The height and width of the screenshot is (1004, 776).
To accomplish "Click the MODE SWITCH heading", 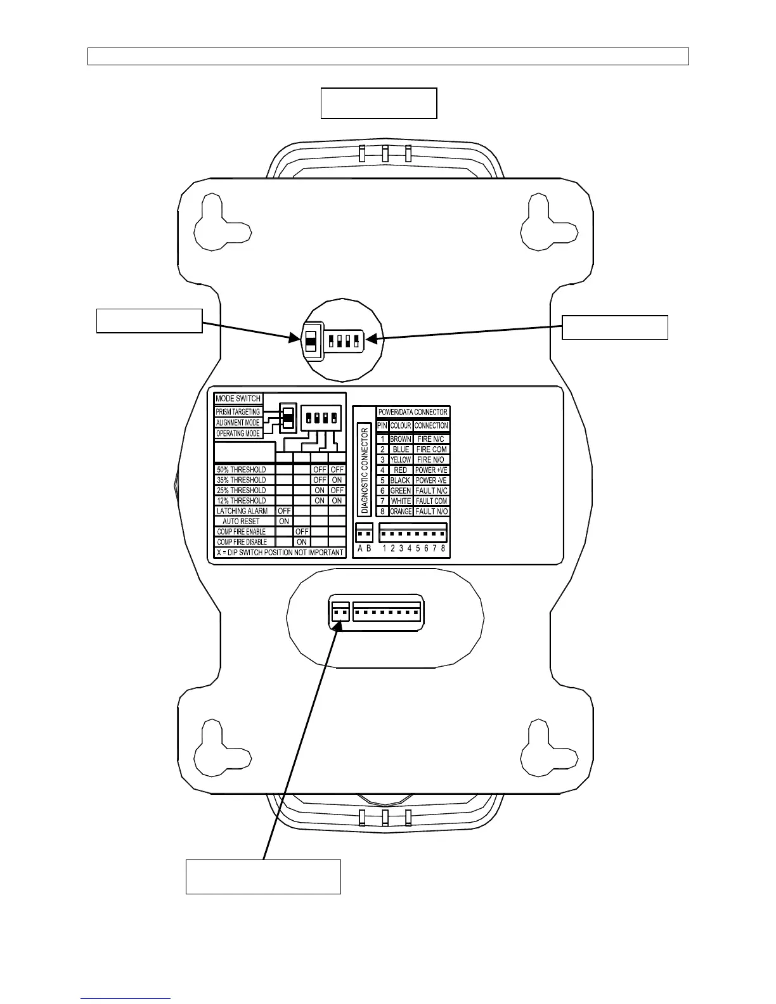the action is tap(238, 399).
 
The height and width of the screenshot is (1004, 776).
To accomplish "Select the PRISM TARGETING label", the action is tap(238, 412).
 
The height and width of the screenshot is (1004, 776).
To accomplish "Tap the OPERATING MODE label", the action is tap(238, 434).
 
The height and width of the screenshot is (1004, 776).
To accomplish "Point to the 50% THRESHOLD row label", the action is tap(242, 470).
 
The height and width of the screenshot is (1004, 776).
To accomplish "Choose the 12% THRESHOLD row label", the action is tap(242, 501).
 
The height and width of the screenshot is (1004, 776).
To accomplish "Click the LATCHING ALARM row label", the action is tap(242, 511).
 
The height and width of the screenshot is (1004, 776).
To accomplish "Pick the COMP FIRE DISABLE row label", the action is tap(242, 542).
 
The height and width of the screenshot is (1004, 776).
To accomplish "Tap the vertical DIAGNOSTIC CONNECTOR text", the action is tap(365, 470).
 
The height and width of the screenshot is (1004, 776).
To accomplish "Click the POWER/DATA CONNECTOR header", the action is tap(413, 412).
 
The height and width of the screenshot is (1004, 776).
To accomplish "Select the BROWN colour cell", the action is tap(401, 439).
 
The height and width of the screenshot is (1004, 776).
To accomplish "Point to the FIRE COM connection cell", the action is tap(432, 449).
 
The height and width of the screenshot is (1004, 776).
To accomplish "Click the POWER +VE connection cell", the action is tap(432, 470).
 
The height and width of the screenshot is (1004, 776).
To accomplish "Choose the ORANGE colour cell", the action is tap(401, 512).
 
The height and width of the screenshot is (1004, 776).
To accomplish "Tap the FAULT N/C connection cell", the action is tap(432, 491).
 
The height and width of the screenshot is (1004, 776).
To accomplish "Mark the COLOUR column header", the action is tap(401, 426).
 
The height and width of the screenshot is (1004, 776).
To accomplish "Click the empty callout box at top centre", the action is tap(378, 103).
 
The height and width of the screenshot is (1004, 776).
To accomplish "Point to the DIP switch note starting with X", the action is tap(280, 552).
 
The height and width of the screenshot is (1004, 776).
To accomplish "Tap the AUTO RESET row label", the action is tap(241, 521).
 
